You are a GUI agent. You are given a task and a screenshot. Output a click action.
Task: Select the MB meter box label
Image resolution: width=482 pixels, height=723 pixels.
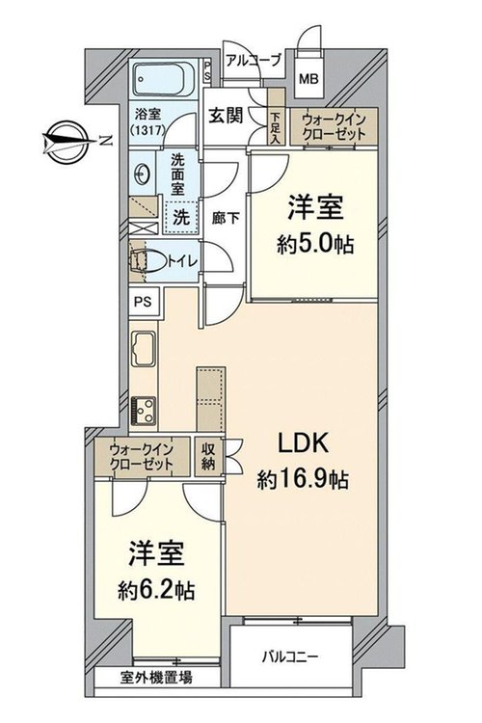click(x=308, y=79)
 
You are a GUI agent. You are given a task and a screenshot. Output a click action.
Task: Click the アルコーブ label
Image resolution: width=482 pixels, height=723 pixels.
click(x=254, y=61)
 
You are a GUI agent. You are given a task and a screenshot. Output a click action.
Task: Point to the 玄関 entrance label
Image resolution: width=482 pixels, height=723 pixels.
click(x=226, y=116)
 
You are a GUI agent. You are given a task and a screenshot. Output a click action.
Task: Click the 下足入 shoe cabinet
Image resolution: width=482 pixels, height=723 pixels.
click(x=276, y=118)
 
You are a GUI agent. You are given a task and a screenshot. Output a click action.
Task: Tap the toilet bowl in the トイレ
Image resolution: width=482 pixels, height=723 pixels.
click(x=148, y=261)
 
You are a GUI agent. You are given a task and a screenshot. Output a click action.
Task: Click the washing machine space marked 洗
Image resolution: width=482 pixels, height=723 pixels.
click(x=181, y=218)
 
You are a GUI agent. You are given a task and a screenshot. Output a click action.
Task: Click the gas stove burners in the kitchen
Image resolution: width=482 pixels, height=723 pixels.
click(x=144, y=411)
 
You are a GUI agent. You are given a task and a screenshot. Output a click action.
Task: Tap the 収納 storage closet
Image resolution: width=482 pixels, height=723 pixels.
click(x=208, y=457)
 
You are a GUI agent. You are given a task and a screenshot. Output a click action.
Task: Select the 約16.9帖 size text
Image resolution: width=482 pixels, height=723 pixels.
click(x=302, y=481)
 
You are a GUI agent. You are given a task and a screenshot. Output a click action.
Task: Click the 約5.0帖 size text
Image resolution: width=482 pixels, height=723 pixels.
click(x=315, y=245)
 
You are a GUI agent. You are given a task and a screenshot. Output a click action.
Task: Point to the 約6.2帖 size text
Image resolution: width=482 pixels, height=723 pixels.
click(x=156, y=590)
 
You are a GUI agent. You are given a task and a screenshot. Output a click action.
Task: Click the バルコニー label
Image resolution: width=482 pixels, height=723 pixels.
click(x=290, y=656)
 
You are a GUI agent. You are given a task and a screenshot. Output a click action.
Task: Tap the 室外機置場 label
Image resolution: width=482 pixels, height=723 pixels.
click(x=156, y=678)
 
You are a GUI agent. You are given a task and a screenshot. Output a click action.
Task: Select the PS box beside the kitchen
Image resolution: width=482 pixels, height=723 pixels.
click(x=144, y=302)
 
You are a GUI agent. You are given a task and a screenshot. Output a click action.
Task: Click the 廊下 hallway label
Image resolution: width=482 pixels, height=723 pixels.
click(x=226, y=218)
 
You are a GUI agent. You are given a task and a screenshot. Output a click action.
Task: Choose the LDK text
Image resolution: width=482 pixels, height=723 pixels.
click(x=302, y=443)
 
